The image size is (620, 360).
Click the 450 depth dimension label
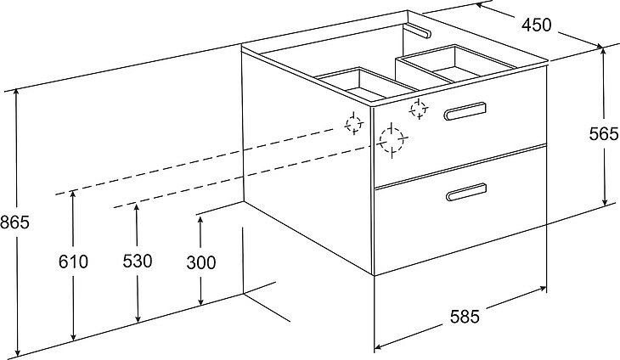point(536,25)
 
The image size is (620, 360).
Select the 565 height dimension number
point(604,134)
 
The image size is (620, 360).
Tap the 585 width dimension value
point(465,317)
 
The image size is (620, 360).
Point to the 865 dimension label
point(14,222)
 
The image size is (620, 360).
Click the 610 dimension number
point(73,262)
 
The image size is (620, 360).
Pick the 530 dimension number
point(138,262)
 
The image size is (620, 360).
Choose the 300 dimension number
point(201,262)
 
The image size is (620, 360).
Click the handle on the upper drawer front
point(465,111)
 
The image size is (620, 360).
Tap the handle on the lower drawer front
point(466,192)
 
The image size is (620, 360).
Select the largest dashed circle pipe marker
point(392,140)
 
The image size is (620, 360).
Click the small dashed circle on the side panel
point(354,123)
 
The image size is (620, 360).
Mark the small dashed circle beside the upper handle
point(419,109)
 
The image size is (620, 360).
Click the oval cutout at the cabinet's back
point(419,31)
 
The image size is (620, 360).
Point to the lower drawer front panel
point(460,210)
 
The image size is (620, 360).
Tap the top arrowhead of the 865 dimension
point(16,92)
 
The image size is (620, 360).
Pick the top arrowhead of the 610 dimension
point(73,194)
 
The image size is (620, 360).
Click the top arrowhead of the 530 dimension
point(137,207)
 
